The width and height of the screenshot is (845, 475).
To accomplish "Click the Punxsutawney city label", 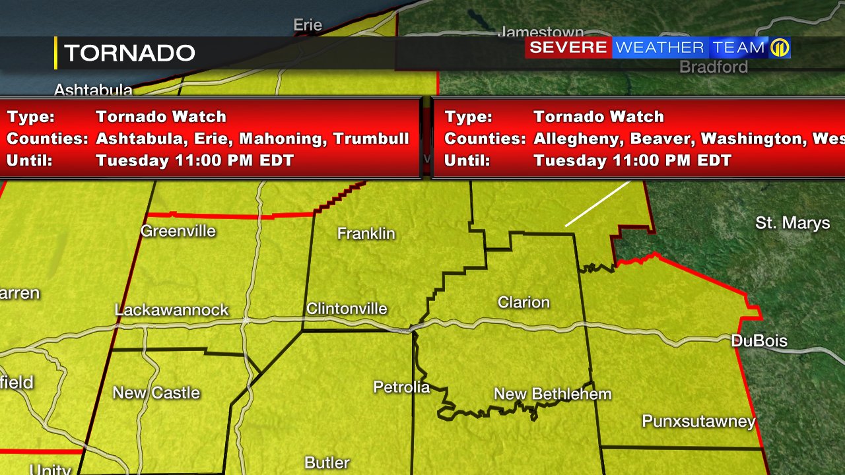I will [x=698, y=421].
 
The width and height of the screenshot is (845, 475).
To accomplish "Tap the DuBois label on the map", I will [x=759, y=340].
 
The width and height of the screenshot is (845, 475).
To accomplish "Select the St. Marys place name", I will [x=792, y=223].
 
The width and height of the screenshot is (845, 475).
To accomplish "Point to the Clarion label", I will [x=524, y=302].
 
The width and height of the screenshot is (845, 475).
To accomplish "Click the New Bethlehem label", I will [x=553, y=395].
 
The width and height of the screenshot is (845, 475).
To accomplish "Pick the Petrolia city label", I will [x=401, y=387].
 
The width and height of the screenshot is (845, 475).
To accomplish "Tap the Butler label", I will [x=327, y=462].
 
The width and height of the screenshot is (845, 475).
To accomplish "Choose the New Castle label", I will [x=156, y=393].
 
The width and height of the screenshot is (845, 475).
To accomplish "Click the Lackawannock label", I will [x=172, y=310].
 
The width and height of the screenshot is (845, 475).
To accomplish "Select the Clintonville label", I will [x=347, y=309].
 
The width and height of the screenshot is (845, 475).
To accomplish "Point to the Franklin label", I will [x=366, y=234].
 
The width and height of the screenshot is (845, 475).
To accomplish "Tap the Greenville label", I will [x=178, y=231].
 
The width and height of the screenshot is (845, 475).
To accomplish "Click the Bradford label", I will [x=714, y=67].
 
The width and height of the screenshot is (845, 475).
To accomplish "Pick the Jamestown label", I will [x=541, y=32].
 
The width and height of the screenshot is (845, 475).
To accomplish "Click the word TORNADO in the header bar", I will [x=129, y=53].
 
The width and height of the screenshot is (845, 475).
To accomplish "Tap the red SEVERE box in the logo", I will [x=568, y=47].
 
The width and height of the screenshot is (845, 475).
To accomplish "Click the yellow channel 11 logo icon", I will [x=780, y=47].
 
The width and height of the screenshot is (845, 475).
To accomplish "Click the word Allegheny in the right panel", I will [x=578, y=139].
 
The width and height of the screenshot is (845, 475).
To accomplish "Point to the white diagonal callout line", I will [x=598, y=204].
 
